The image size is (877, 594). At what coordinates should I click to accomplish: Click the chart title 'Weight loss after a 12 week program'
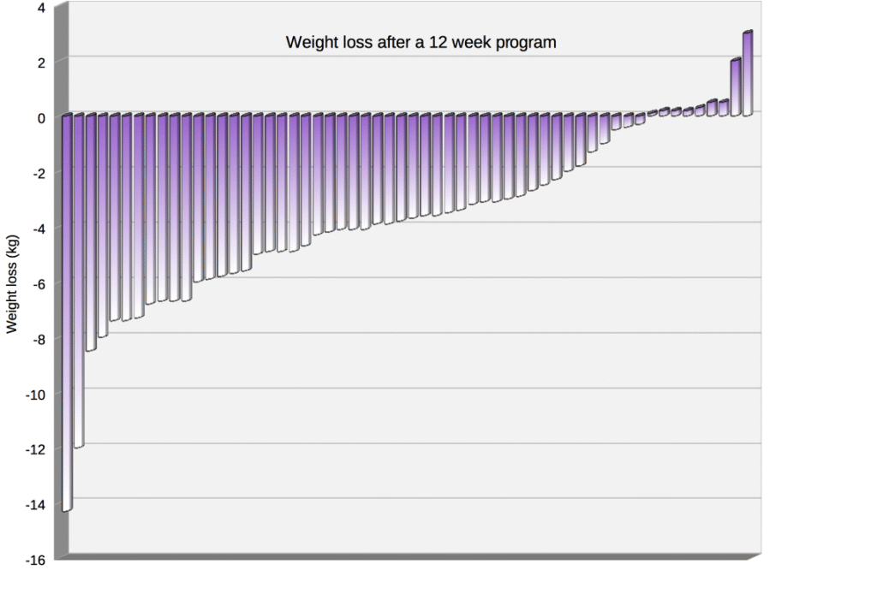[421, 42]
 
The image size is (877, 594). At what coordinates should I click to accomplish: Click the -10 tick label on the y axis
[35, 394]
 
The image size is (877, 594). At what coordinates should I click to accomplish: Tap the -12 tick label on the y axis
[35, 449]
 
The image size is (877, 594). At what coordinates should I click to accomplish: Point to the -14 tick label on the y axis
[35, 504]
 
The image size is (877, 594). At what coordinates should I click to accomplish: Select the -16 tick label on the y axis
[35, 560]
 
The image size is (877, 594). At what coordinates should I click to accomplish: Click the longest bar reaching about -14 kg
[67, 312]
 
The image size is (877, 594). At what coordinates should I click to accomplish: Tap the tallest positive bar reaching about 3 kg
[748, 73]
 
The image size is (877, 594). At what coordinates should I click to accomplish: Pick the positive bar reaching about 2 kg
[736, 86]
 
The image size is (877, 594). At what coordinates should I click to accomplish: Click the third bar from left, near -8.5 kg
[91, 231]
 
